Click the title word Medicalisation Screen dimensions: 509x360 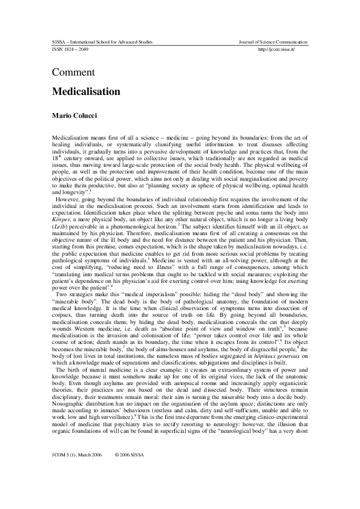tap(86, 92)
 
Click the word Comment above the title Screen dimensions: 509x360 tap(73, 73)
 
